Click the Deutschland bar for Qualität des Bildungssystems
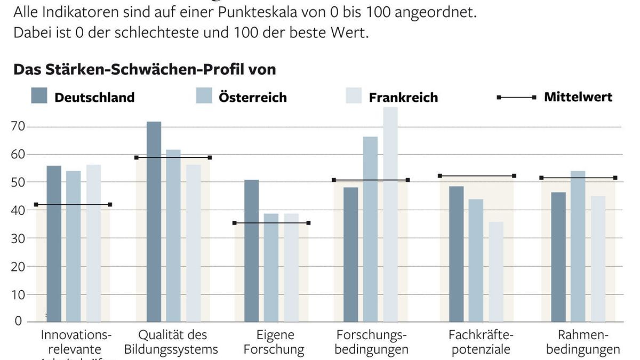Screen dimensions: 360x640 pyautogui.click(x=153, y=221)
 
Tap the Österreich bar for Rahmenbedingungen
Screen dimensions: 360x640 pyautogui.click(x=578, y=246)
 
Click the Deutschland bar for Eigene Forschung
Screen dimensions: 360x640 pyautogui.click(x=252, y=251)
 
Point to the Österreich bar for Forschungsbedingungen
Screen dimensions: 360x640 pyautogui.click(x=371, y=229)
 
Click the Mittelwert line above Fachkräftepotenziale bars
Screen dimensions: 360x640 pyautogui.click(x=477, y=175)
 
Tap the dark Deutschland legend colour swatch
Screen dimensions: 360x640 pyautogui.click(x=39, y=95)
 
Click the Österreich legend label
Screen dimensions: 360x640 pyautogui.click(x=252, y=98)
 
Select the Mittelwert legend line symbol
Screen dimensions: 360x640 pyautogui.click(x=516, y=98)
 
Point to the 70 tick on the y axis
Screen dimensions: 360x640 pyautogui.click(x=18, y=127)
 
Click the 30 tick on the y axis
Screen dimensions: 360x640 pyautogui.click(x=18, y=238)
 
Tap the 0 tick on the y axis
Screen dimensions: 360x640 pyautogui.click(x=18, y=321)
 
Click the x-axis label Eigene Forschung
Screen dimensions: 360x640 pyautogui.click(x=275, y=342)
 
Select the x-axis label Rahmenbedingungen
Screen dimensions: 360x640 pyautogui.click(x=582, y=342)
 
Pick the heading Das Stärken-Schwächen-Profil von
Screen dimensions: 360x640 pyautogui.click(x=144, y=70)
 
